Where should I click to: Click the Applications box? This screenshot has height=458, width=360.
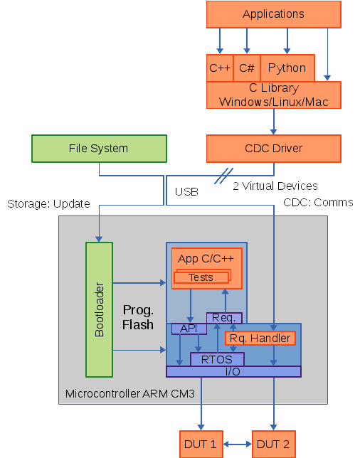273,14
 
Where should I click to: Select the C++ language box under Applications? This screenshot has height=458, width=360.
220,68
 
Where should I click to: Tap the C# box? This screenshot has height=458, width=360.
247,68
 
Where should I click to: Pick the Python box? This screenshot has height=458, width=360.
287,68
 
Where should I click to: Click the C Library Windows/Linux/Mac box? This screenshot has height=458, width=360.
273,95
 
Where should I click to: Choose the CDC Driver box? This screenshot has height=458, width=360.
273,149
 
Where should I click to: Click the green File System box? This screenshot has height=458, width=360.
99,149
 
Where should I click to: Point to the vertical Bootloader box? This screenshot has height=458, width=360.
99,309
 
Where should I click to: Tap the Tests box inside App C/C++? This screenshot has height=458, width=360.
201,277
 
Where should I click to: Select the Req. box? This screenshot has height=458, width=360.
224,318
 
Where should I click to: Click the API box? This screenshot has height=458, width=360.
189,329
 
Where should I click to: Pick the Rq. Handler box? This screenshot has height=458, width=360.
260,339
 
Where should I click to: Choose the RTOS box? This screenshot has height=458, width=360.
217,360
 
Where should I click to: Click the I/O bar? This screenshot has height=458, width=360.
233,371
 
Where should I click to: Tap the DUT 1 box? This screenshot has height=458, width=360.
201,444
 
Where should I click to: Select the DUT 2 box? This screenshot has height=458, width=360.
273,444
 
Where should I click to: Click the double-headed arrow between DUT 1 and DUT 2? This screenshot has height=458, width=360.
238,444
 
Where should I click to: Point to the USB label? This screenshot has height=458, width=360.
186,191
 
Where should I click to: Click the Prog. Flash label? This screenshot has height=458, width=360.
138,317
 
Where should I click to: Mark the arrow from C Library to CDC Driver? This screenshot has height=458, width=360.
273,122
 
